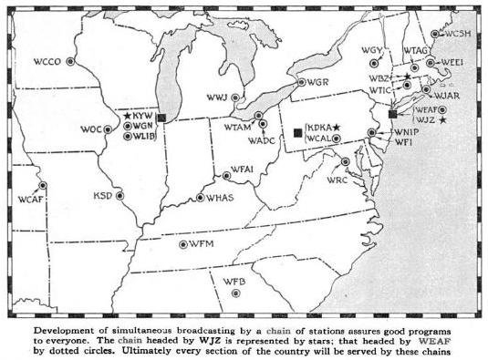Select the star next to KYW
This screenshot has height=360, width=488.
click(127, 116)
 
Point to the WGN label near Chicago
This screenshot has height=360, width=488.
click(144, 126)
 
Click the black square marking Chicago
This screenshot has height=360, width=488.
click(161, 117)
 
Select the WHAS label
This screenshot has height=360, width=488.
click(221, 198)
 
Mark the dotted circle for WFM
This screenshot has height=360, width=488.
click(183, 244)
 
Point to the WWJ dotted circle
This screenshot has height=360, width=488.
click(235, 98)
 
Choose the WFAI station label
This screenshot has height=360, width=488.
click(243, 169)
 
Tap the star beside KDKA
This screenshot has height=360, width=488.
click(337, 126)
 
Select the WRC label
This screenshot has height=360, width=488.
click(337, 180)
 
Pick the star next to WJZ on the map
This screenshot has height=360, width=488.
click(442, 120)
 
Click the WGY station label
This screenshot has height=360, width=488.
click(371, 49)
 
